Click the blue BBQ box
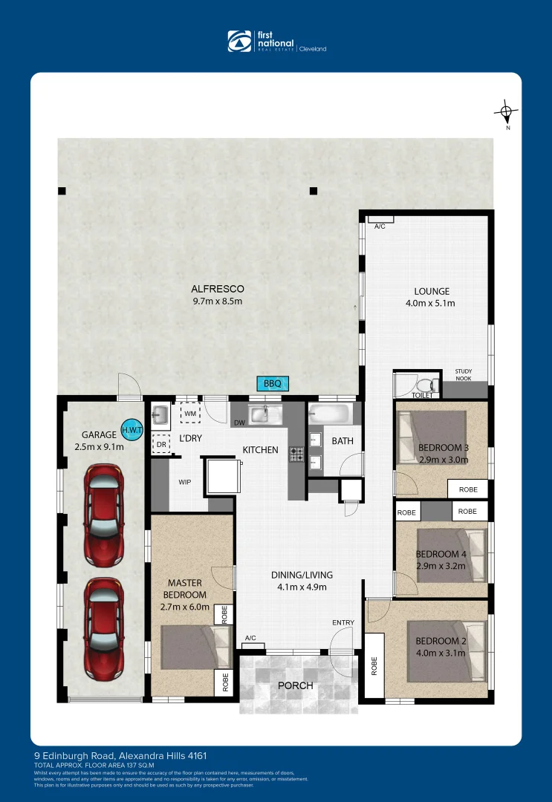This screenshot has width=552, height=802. pos(273,384)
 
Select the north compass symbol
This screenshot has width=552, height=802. pos(506,114)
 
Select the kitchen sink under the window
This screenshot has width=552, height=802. pos(262,414)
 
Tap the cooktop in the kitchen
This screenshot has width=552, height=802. pos(296,452)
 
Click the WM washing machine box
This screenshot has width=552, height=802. pos(190,413)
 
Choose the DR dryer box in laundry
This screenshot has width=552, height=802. pos(161,445)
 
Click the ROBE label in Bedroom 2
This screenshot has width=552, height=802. pos(374,665)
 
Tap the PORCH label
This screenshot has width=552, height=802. pos(295,685)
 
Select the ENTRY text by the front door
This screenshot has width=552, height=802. pos(343,622)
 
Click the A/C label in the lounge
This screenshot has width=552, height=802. pos(380,226)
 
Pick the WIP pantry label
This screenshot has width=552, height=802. pos(185,482)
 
